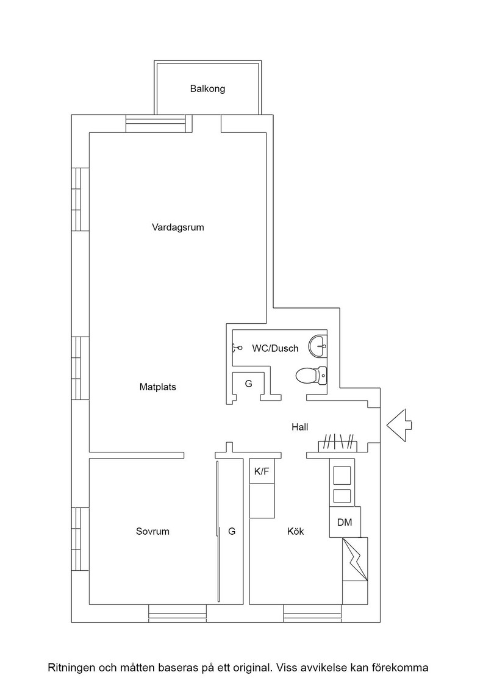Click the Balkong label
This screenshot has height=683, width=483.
coord(207,89)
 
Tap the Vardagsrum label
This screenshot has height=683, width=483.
coord(177,227)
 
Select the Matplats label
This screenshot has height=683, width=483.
coord(158,387)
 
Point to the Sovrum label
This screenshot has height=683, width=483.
coord(152,531)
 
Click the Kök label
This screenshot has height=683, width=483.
coord(296,531)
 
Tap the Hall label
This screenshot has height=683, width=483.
coord(299,427)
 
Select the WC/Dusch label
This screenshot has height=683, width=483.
coord(275,348)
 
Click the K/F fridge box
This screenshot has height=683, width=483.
coord(262,470)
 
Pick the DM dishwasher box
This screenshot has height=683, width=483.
coord(345,522)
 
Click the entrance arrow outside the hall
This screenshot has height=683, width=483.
coord(398,426)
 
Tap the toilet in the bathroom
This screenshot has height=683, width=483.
coord(311,375)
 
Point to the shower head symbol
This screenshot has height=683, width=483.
coord(237,348)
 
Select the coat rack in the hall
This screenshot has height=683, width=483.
coord(338,443)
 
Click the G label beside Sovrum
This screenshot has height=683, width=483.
coord(232,531)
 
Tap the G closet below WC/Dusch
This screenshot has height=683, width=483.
coord(249,384)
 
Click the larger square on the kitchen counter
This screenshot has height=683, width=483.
coord(342,475)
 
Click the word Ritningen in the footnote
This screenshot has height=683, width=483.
coord(71,668)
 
